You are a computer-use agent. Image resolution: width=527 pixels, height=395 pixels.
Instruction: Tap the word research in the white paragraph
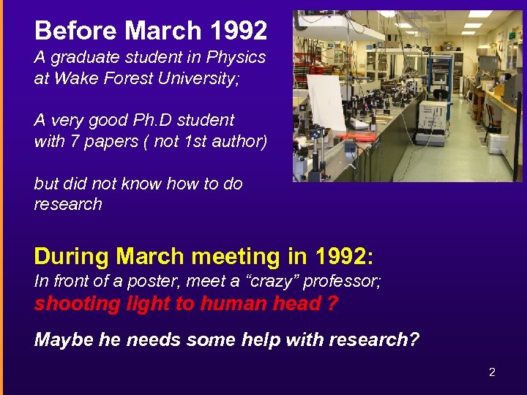(68, 204)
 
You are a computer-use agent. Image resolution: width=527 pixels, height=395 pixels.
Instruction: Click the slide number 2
(492, 372)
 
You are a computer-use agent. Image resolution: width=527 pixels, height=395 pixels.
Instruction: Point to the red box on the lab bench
(356, 137)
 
